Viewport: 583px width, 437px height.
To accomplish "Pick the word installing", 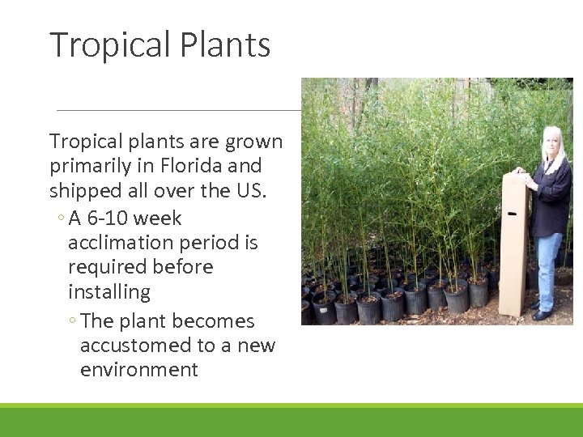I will pyautogui.click(x=109, y=291).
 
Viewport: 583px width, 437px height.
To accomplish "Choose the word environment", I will pyautogui.click(x=138, y=370).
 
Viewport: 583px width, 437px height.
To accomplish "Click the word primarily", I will pyautogui.click(x=85, y=166).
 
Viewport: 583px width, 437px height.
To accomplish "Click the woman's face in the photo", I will pyautogui.click(x=551, y=142).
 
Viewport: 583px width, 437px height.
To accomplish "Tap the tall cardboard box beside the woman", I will pyautogui.click(x=513, y=243).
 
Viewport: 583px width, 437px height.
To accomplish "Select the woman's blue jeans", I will pyautogui.click(x=550, y=267).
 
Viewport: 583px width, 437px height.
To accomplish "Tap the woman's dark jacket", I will pyautogui.click(x=554, y=198).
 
